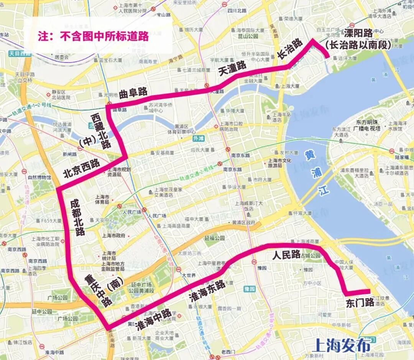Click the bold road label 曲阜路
133,92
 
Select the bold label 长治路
290,49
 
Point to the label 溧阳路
358,33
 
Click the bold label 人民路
286,255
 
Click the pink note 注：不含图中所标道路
93,36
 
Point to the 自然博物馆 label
39,178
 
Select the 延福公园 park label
215,238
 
